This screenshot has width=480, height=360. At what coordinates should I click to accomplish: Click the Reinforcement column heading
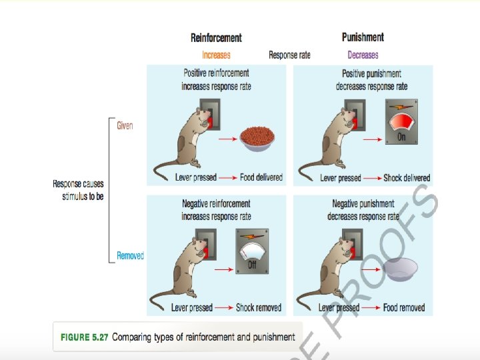(x=216, y=38)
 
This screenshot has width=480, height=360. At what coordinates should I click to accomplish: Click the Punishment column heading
(x=363, y=37)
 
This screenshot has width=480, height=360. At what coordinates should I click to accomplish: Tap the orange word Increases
(x=216, y=55)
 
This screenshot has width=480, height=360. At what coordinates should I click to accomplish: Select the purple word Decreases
(x=363, y=55)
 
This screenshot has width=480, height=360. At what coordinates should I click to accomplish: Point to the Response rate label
(x=289, y=55)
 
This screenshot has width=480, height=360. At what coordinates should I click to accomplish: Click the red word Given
(x=125, y=125)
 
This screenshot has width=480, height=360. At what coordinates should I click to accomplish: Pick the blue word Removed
(x=130, y=255)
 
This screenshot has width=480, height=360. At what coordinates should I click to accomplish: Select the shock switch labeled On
(x=401, y=125)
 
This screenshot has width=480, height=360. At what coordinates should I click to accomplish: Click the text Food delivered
(x=261, y=178)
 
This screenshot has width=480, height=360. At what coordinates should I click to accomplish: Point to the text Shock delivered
(x=407, y=178)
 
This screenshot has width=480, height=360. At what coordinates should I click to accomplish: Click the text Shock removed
(x=259, y=308)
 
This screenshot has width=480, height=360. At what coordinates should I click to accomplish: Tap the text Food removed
(x=404, y=308)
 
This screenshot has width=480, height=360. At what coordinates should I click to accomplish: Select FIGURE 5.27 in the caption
(x=83, y=337)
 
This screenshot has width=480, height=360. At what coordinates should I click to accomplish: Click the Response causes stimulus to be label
(x=79, y=190)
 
